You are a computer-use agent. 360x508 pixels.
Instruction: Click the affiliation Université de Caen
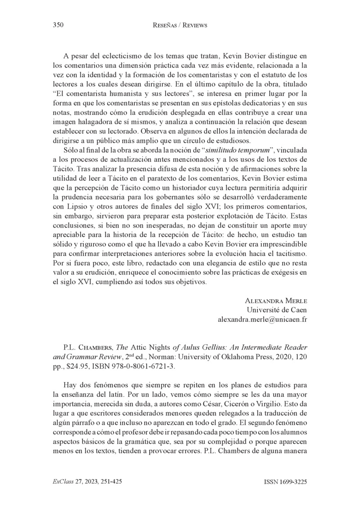click(277, 310)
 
